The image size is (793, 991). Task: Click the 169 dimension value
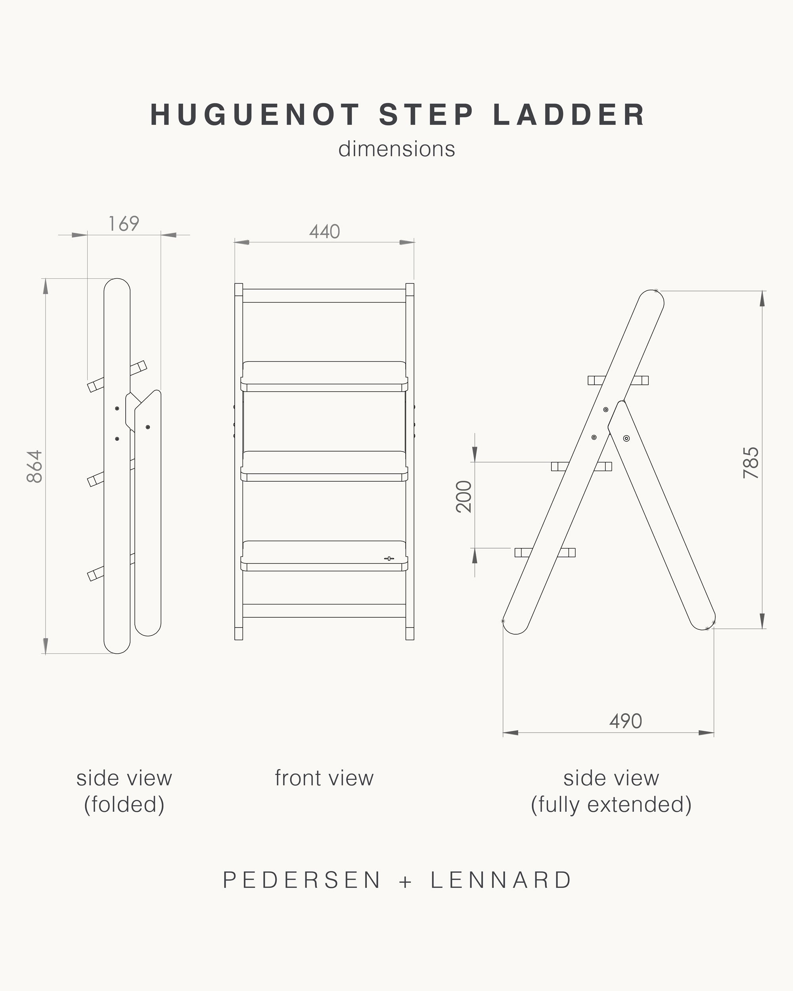[x=124, y=224]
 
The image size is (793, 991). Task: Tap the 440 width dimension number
[x=325, y=231]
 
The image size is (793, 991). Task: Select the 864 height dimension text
[x=35, y=466]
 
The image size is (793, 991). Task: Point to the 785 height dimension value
[x=751, y=463]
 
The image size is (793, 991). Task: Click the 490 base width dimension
[x=626, y=721]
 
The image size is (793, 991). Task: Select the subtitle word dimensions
[x=396, y=149]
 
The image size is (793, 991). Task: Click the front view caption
[x=324, y=778]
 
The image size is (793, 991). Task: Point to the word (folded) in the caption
[x=124, y=804]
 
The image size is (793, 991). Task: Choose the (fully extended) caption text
[x=611, y=804]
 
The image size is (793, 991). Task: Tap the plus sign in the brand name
[x=406, y=881]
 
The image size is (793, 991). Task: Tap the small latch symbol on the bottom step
[x=389, y=559]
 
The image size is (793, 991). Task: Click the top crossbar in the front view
[x=324, y=296]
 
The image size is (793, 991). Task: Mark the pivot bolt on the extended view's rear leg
[x=626, y=438]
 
